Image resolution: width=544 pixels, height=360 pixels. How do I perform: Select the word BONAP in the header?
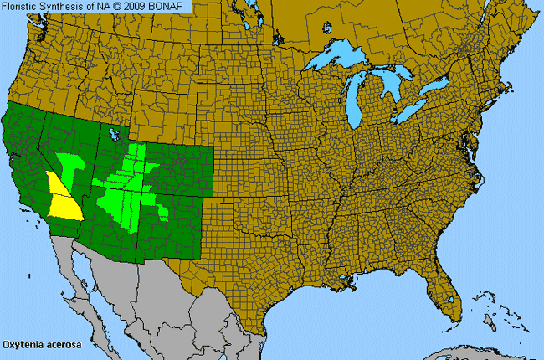[x=169, y=7]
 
